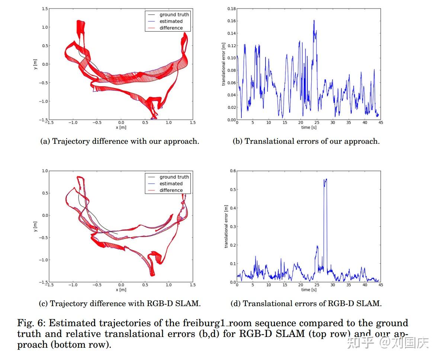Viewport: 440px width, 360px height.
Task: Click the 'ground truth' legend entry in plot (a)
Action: pyautogui.click(x=174, y=14)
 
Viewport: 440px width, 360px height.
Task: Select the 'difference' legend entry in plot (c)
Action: pyautogui.click(x=171, y=190)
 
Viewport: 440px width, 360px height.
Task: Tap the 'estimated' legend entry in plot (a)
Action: pyautogui.click(x=171, y=21)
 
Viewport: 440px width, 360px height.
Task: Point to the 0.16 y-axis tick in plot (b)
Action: pyautogui.click(x=231, y=21)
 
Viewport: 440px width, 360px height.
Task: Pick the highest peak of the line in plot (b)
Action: pyautogui.click(x=314, y=20)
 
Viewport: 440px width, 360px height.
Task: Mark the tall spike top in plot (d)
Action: pyautogui.click(x=326, y=179)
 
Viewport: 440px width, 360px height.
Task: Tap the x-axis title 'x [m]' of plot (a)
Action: pyautogui.click(x=121, y=127)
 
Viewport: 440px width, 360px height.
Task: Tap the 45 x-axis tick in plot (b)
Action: pyautogui.click(x=380, y=123)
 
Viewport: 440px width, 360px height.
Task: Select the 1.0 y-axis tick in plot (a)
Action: pyautogui.click(x=45, y=27)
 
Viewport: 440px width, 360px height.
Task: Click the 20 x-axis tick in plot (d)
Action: pyautogui.click(x=301, y=285)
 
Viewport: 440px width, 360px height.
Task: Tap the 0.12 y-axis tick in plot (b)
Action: pyautogui.click(x=231, y=46)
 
